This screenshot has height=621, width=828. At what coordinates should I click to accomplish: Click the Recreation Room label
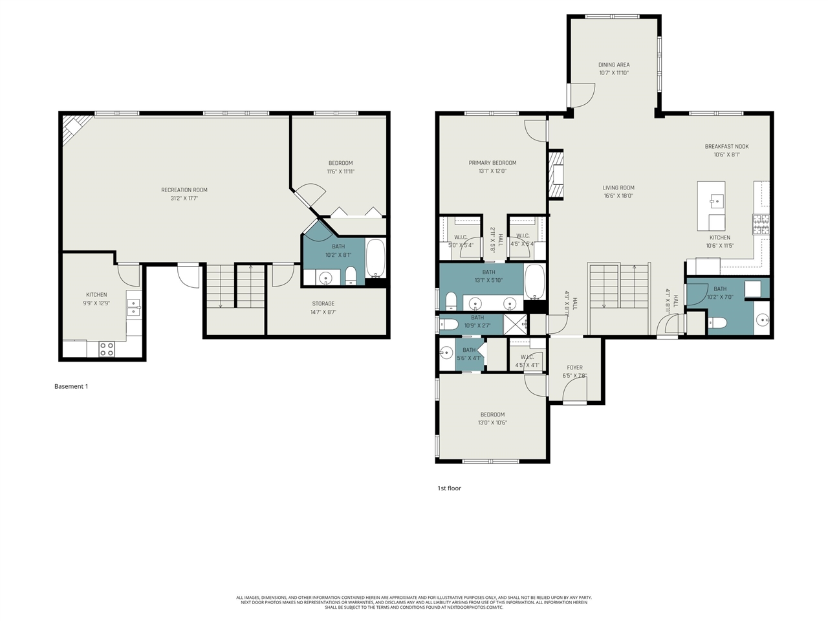(184, 190)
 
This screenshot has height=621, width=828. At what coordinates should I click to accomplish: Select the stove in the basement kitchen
(107, 349)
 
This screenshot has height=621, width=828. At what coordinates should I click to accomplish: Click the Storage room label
(323, 303)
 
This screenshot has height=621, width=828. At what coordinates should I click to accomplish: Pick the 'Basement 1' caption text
(71, 386)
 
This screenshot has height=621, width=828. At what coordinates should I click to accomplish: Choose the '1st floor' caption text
(449, 488)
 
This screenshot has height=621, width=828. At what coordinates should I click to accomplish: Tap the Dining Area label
(613, 65)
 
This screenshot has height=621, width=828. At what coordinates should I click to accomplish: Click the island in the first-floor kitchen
(711, 206)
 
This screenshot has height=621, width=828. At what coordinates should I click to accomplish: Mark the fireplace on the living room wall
(556, 174)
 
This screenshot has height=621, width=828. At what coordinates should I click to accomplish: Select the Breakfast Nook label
(726, 147)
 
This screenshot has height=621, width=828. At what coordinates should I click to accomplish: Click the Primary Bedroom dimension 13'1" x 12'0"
(492, 171)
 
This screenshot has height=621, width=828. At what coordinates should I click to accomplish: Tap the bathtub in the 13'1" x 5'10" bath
(534, 282)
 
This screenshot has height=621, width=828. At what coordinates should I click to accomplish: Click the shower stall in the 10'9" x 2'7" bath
(516, 323)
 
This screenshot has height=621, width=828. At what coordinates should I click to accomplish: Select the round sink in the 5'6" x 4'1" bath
(446, 353)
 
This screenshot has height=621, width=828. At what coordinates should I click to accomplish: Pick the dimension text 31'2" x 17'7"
(184, 198)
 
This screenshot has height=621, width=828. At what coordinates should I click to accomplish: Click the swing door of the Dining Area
(582, 94)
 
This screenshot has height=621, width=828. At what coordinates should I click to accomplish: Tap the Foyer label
(574, 367)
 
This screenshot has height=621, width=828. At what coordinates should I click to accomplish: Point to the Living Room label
(618, 188)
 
